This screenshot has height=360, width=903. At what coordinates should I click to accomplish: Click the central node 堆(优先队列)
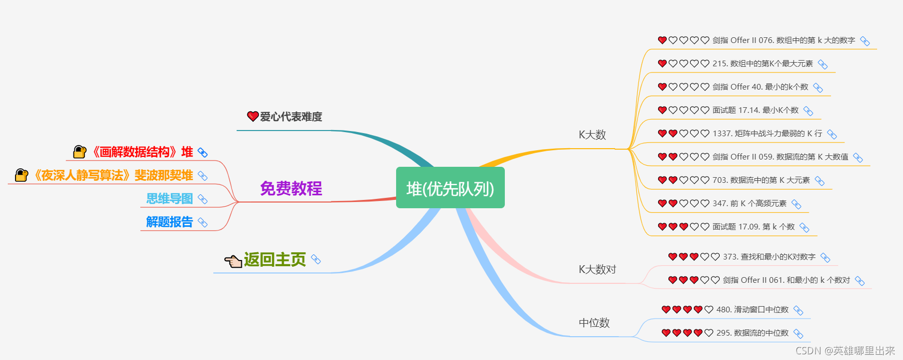tap(450, 188)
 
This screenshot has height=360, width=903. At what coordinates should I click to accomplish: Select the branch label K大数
tap(592, 135)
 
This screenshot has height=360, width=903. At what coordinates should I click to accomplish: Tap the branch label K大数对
tap(597, 269)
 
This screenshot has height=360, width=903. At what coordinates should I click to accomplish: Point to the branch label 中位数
tap(594, 323)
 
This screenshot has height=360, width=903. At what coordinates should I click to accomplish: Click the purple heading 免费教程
tap(291, 189)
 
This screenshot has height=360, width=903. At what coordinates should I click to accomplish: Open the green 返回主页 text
tap(275, 260)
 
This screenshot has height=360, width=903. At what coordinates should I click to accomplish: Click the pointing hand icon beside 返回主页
tap(233, 261)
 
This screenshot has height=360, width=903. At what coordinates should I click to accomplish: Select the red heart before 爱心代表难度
tap(253, 117)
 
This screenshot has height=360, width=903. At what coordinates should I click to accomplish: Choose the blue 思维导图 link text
tap(169, 198)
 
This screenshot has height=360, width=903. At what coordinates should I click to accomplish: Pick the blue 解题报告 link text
tap(169, 222)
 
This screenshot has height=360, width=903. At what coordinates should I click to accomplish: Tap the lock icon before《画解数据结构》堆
tap(80, 152)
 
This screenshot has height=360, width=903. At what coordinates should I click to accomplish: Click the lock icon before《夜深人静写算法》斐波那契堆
tap(21, 175)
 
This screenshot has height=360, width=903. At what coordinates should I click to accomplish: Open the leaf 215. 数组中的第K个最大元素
tap(762, 64)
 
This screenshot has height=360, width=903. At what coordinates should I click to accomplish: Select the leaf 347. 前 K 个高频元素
tap(749, 204)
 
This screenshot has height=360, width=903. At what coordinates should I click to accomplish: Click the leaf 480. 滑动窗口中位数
tap(752, 310)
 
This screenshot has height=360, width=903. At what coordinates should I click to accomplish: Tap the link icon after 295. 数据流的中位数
tap(798, 334)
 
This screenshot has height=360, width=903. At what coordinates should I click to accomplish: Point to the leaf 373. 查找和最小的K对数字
tap(769, 257)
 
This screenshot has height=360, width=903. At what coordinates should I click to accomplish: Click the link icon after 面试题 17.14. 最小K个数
tap(808, 111)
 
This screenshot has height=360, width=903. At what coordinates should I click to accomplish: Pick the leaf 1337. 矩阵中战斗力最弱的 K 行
tap(767, 134)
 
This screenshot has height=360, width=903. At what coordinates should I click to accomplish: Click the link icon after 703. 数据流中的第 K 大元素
tap(820, 181)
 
